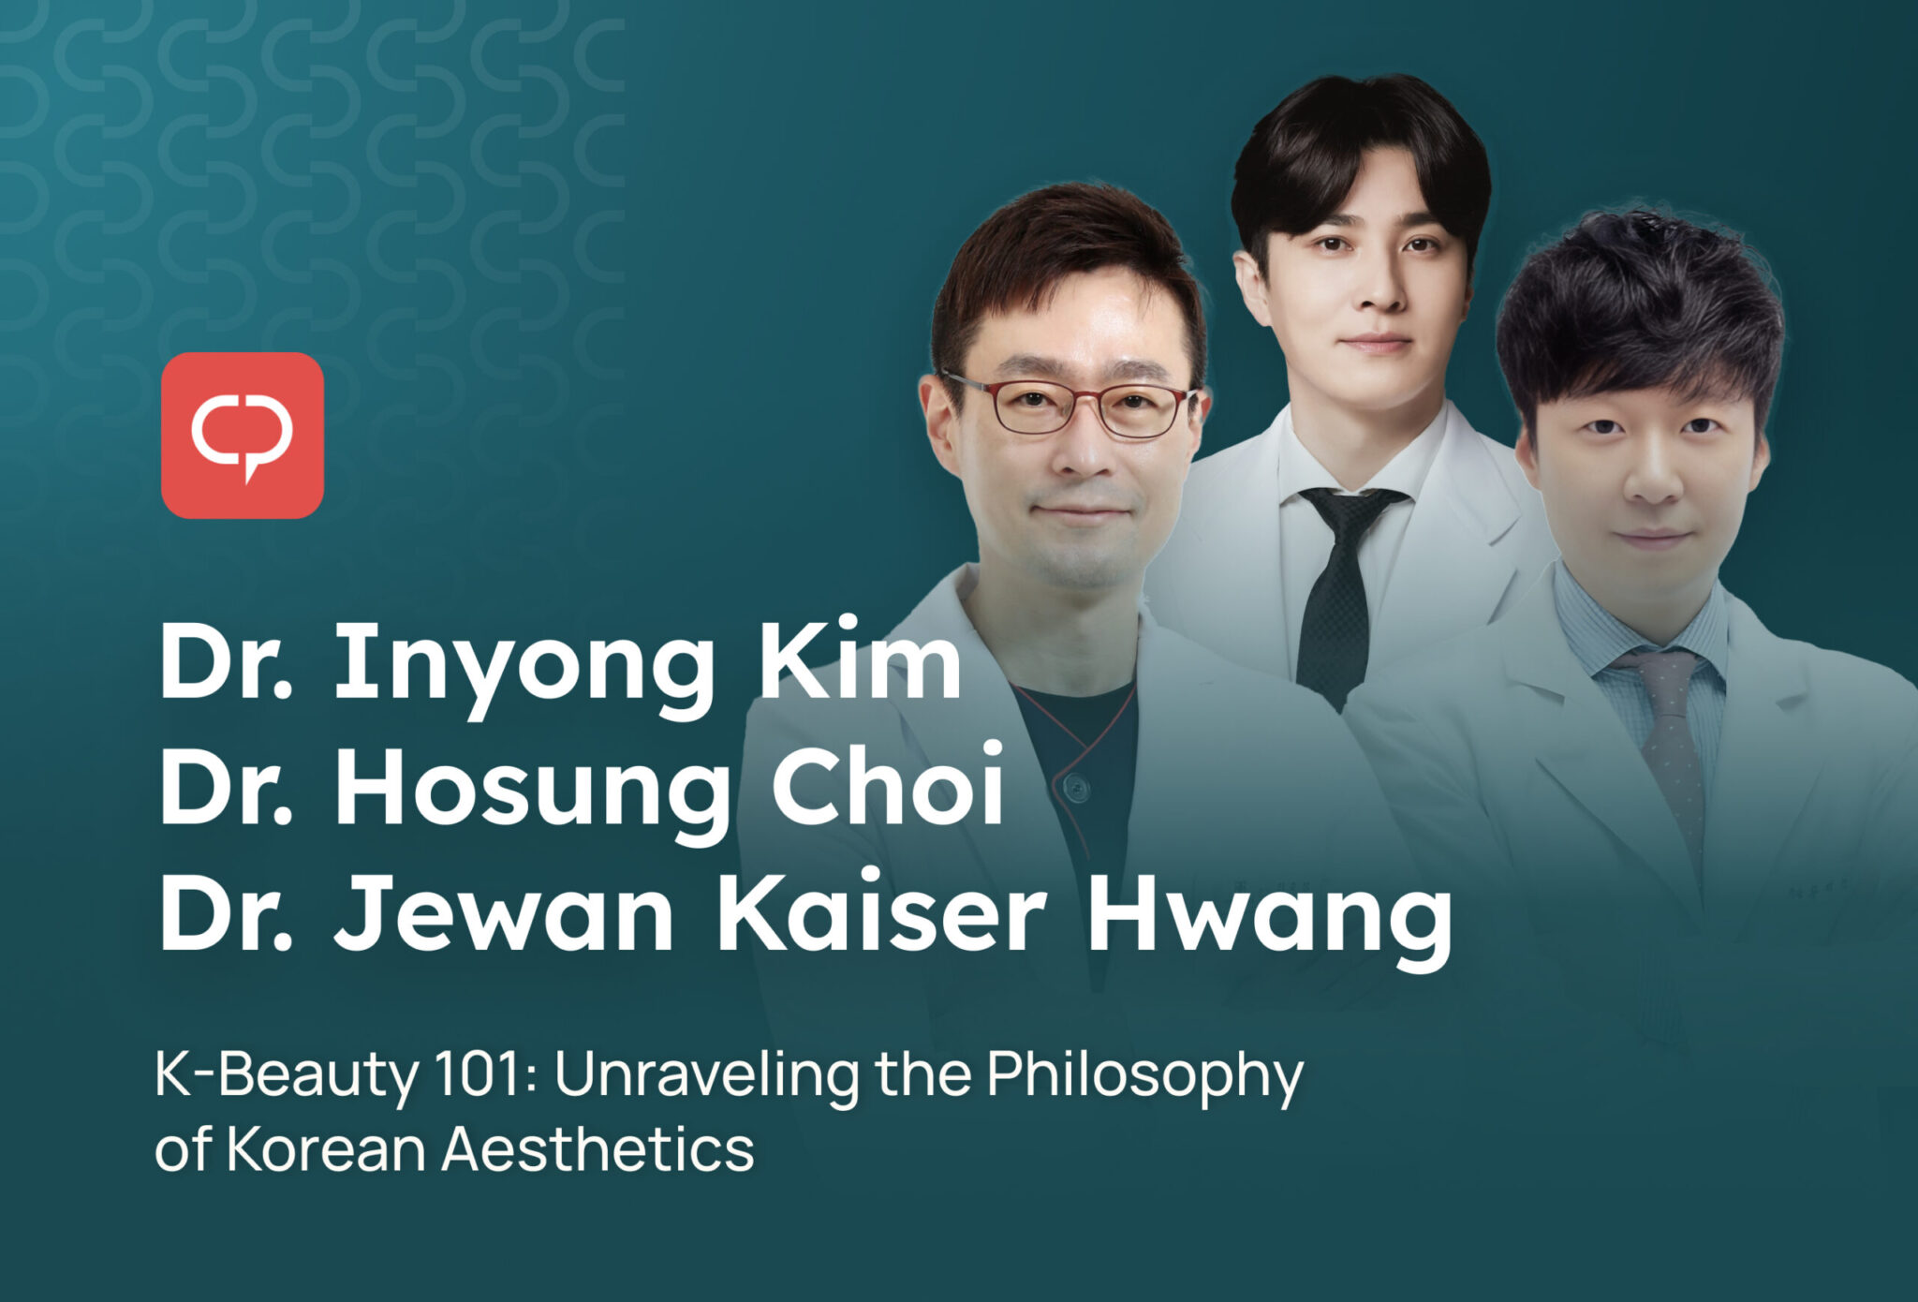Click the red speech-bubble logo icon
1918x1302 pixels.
coord(243,436)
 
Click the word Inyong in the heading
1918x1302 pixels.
coord(524,666)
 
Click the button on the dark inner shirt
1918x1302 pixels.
coord(1079,789)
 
